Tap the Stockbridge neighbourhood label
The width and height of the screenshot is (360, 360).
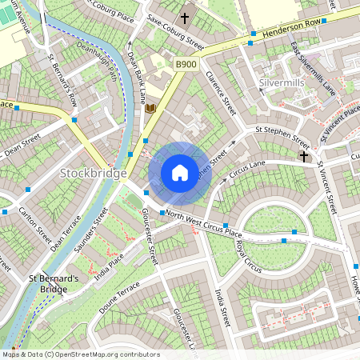(93, 174)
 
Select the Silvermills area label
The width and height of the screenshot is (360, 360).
(283, 83)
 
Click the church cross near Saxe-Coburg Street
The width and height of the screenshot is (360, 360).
(186, 17)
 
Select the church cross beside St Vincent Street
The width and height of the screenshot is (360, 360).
(304, 155)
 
